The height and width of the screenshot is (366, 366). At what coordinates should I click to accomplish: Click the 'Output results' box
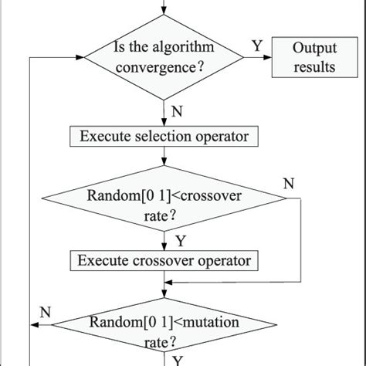(315, 57)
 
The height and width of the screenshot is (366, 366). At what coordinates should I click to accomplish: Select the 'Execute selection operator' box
(164, 136)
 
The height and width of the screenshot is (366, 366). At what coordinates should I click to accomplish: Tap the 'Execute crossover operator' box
(164, 260)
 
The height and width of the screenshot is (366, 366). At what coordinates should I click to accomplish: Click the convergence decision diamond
(164, 57)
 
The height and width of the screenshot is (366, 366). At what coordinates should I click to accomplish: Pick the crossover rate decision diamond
(164, 198)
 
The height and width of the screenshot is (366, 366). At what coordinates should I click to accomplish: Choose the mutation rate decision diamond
(164, 325)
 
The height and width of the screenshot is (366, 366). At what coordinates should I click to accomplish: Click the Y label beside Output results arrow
(257, 46)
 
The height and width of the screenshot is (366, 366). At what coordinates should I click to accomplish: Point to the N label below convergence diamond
(177, 111)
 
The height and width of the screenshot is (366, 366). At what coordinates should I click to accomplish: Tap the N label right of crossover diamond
(289, 184)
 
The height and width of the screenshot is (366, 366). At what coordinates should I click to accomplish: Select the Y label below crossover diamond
(181, 241)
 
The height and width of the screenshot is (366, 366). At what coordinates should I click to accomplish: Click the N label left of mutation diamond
(46, 312)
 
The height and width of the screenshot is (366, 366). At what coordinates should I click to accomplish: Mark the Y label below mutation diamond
(178, 361)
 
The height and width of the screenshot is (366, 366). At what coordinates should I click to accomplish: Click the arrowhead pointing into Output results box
(268, 57)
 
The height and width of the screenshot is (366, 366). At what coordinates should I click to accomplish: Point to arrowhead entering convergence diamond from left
(80, 57)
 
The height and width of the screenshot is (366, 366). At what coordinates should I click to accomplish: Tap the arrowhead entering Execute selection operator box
(164, 122)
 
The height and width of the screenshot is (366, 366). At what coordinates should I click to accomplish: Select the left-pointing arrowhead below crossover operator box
(168, 283)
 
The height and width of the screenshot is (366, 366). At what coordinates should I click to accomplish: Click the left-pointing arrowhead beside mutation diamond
(35, 325)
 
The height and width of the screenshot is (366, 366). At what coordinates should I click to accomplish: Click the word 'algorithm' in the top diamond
(183, 48)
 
